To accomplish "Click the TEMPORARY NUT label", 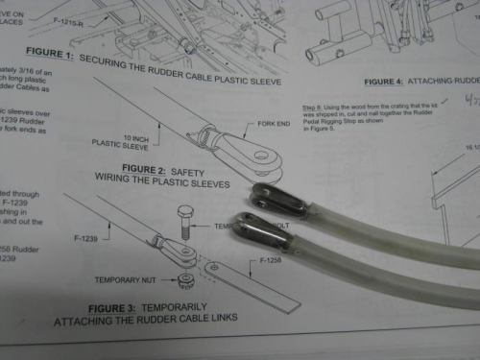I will (x=126, y=281).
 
